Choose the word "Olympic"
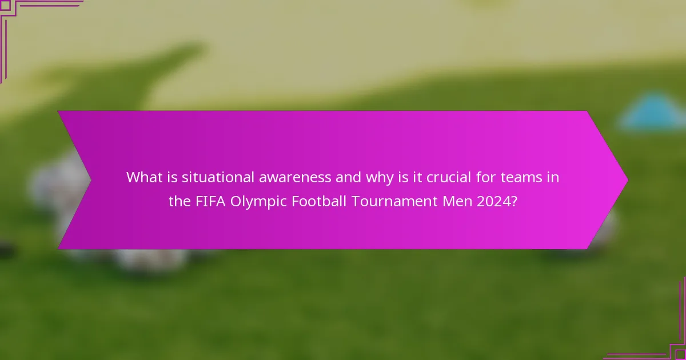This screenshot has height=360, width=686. click(x=257, y=202)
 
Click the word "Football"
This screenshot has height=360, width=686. click(x=317, y=202)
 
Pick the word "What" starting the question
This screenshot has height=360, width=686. click(x=142, y=177)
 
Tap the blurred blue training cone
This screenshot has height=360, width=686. click(x=652, y=112)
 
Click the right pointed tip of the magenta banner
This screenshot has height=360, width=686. click(x=627, y=179)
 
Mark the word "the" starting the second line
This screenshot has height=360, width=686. click(x=178, y=202)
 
